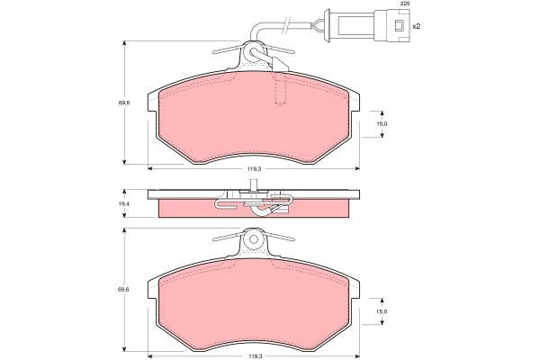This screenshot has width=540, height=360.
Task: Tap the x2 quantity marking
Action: click(x=417, y=26)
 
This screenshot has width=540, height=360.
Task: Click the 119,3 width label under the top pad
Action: click(x=254, y=169)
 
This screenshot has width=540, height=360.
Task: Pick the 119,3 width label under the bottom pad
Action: click(x=254, y=355)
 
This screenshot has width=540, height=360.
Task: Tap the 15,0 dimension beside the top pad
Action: click(x=382, y=124)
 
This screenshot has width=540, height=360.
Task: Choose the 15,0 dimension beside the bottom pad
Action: click(x=382, y=311)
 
